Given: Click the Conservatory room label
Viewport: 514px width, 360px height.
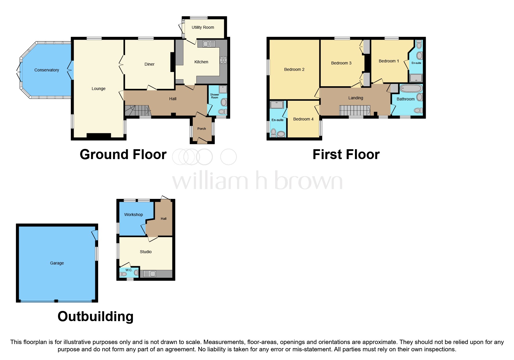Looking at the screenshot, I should (46, 70).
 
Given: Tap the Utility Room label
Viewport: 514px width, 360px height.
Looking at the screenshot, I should (203, 27).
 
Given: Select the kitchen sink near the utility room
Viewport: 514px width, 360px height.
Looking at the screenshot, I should (209, 44).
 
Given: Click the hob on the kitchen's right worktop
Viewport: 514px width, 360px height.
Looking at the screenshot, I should (223, 60).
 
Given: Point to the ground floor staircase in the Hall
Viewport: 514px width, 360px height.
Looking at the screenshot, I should (138, 111).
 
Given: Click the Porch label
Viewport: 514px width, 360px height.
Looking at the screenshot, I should (201, 129).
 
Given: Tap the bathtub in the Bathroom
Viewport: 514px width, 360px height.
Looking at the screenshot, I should (411, 89).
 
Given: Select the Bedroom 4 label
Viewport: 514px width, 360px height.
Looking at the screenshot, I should (303, 119).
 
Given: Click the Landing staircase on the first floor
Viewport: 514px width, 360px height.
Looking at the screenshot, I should (355, 111).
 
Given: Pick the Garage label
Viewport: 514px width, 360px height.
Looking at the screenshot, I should (57, 263).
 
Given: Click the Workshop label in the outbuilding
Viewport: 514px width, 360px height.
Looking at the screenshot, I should (134, 215).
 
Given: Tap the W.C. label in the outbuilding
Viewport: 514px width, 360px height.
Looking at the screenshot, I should (129, 270).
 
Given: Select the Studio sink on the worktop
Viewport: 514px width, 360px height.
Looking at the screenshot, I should (149, 273).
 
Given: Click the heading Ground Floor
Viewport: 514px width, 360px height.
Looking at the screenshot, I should (123, 154).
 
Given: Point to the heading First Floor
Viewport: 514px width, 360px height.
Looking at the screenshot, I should (346, 154).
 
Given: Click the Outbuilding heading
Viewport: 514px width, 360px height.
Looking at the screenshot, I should (95, 316).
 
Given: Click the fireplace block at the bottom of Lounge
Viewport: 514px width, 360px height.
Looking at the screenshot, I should (99, 135).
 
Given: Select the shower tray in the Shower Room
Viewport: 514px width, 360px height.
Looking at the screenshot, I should (223, 89).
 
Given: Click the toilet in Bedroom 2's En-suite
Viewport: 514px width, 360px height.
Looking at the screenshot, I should (273, 132).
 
